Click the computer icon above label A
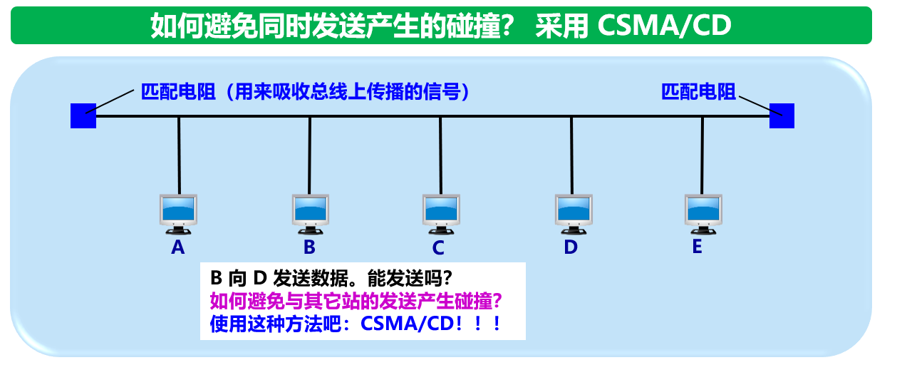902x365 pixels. [x=178, y=213]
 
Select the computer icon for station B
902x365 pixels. [x=310, y=213]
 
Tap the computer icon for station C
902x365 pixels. [x=440, y=213]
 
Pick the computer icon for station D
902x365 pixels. [x=572, y=213]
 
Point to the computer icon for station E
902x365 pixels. [x=703, y=213]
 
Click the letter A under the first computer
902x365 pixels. [x=178, y=247]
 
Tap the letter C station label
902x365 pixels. [x=438, y=248]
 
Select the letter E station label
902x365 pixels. [x=697, y=247]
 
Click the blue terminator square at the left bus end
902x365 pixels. [x=83, y=115]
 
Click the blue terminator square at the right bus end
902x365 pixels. [x=782, y=115]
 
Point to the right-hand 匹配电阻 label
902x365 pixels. [x=698, y=92]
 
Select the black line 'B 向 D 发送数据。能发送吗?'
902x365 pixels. [x=332, y=277]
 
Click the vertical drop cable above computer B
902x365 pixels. [x=310, y=153]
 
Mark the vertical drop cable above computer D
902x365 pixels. [x=571, y=153]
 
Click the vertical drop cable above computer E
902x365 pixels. [x=703, y=153]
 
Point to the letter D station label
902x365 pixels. [x=571, y=247]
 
